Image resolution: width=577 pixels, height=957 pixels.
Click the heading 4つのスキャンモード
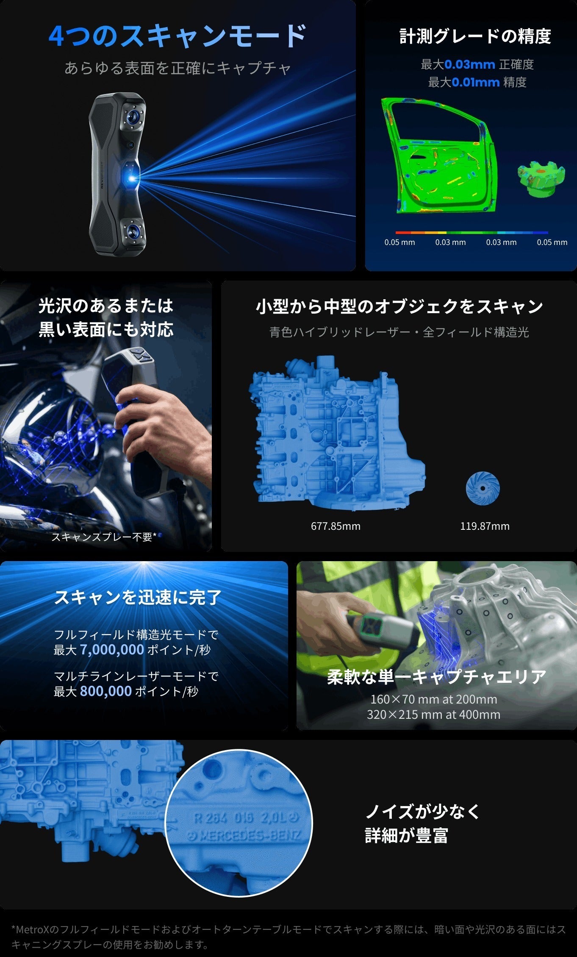(x=178, y=36)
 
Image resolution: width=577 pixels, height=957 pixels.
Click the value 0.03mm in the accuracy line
(x=470, y=64)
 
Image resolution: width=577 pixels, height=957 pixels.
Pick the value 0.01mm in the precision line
(x=475, y=82)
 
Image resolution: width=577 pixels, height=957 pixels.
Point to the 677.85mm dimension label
(x=336, y=526)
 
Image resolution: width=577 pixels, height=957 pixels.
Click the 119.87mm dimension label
(x=485, y=526)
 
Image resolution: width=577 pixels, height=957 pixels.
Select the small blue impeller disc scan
(x=483, y=488)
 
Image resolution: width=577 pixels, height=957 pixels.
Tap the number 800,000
(x=105, y=691)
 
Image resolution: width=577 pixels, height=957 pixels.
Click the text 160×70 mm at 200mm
(x=433, y=699)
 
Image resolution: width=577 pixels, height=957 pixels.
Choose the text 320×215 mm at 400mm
(x=433, y=715)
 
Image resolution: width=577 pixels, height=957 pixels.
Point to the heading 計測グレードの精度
(x=475, y=36)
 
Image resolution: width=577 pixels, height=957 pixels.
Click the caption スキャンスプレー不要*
(x=104, y=537)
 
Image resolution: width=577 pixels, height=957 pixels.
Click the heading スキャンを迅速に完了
(x=138, y=597)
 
